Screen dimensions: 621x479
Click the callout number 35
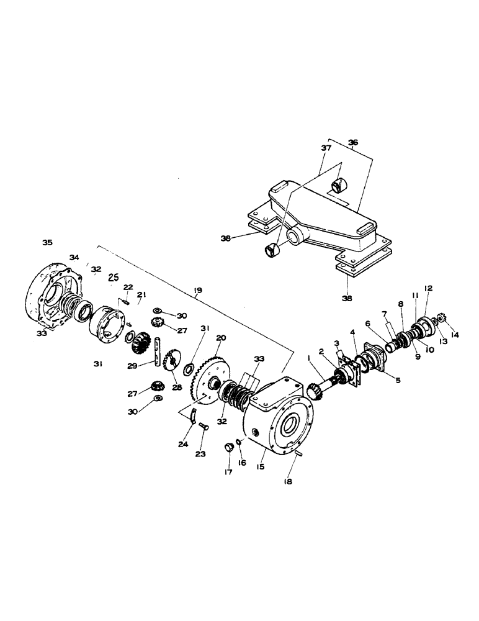click(47, 242)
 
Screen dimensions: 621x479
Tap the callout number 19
click(197, 290)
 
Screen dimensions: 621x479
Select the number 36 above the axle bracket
click(353, 142)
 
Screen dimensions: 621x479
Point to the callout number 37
click(326, 148)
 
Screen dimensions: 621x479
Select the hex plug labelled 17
click(228, 448)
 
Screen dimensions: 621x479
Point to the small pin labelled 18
click(298, 455)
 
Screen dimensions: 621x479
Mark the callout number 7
click(385, 314)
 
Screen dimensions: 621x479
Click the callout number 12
click(428, 288)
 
